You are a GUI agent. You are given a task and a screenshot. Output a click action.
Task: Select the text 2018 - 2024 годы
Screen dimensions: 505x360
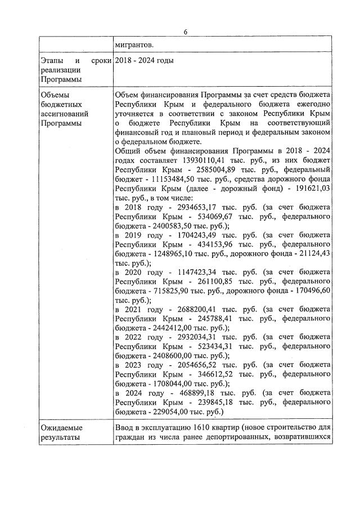144,60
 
